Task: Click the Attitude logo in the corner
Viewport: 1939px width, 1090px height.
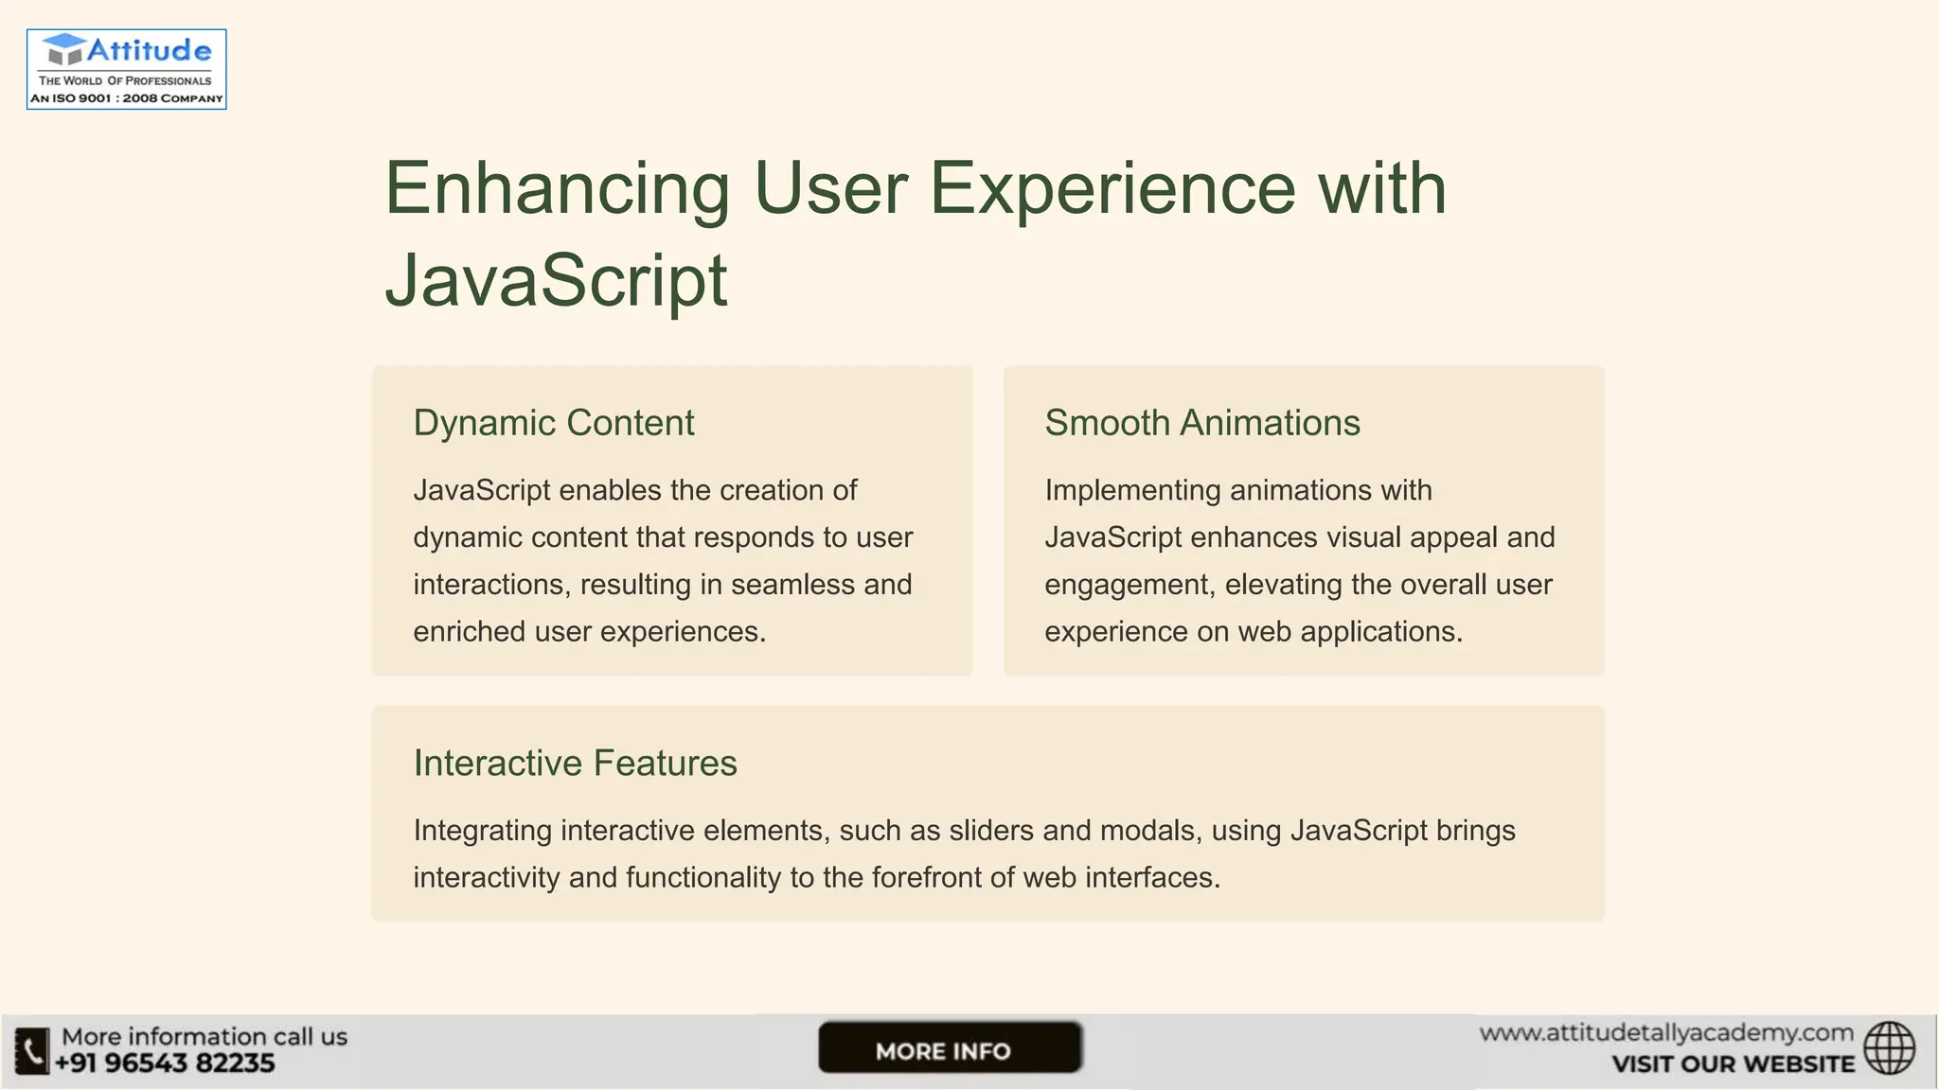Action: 127,68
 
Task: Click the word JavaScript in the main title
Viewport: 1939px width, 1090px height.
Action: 556,280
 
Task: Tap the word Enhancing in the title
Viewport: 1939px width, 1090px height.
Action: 557,189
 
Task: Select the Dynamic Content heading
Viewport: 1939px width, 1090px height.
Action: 554,423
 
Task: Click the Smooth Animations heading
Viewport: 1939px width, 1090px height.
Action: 1202,423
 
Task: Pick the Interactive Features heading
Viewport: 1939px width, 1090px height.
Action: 575,764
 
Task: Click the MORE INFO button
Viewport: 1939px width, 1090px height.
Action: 950,1048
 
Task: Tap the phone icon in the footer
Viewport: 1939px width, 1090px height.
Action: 31,1051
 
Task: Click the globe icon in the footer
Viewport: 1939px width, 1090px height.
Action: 1889,1048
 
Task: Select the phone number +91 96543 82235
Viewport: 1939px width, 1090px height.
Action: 165,1064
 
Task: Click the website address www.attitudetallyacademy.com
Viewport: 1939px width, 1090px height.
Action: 1666,1033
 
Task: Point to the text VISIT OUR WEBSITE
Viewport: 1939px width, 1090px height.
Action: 1733,1064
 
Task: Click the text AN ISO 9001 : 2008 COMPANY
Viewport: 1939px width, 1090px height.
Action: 127,98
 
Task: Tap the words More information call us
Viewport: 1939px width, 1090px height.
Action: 205,1037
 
